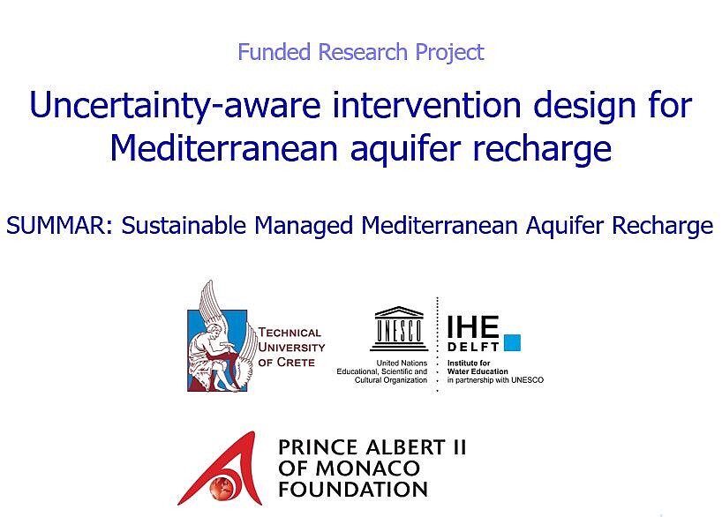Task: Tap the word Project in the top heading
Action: (x=449, y=52)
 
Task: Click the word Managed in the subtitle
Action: (x=304, y=227)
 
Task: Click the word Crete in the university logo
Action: (x=295, y=363)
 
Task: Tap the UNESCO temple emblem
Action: (x=399, y=328)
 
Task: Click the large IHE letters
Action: (x=473, y=327)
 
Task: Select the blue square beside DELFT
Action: (x=513, y=342)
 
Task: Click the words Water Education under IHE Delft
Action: (x=478, y=371)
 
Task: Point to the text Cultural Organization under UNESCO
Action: (x=391, y=380)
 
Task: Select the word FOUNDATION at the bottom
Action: (x=353, y=490)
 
